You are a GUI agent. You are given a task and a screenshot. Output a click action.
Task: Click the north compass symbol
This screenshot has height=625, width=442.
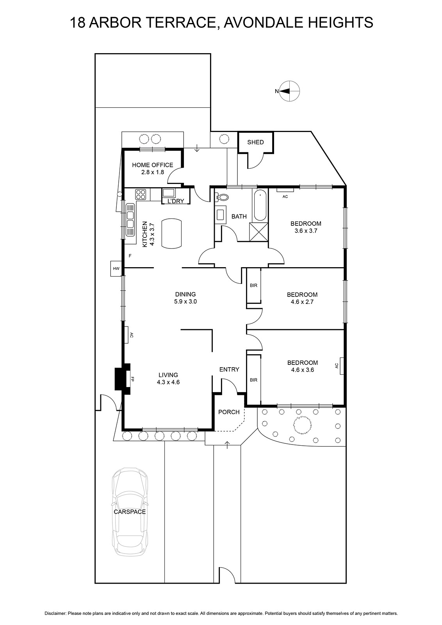(290, 91)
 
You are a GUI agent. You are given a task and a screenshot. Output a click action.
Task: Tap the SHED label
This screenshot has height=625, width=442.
(255, 142)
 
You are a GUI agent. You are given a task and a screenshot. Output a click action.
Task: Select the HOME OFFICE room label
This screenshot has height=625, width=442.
(153, 165)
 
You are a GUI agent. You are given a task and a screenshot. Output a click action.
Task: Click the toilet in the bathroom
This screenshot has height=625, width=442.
(222, 197)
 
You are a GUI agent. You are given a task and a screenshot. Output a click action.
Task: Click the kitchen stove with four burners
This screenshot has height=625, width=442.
(141, 194)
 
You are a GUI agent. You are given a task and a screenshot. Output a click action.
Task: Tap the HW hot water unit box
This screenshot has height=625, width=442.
(116, 269)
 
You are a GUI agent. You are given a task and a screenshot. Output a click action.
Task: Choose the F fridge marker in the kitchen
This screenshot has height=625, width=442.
(130, 255)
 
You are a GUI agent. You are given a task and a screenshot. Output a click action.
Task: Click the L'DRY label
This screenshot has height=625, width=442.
(175, 201)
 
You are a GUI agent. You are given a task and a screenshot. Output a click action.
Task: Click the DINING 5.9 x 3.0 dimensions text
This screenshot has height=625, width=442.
(185, 301)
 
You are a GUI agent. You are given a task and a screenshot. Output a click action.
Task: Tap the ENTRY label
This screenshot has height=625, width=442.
(229, 370)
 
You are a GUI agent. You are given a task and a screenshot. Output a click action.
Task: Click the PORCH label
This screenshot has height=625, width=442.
(229, 412)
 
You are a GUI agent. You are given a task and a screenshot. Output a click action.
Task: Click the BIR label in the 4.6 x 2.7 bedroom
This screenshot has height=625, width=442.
(253, 286)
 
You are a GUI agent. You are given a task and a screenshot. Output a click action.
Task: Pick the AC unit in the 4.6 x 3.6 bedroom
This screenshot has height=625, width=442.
(342, 366)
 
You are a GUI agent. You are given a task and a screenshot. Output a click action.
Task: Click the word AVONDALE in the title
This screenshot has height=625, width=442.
(262, 23)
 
